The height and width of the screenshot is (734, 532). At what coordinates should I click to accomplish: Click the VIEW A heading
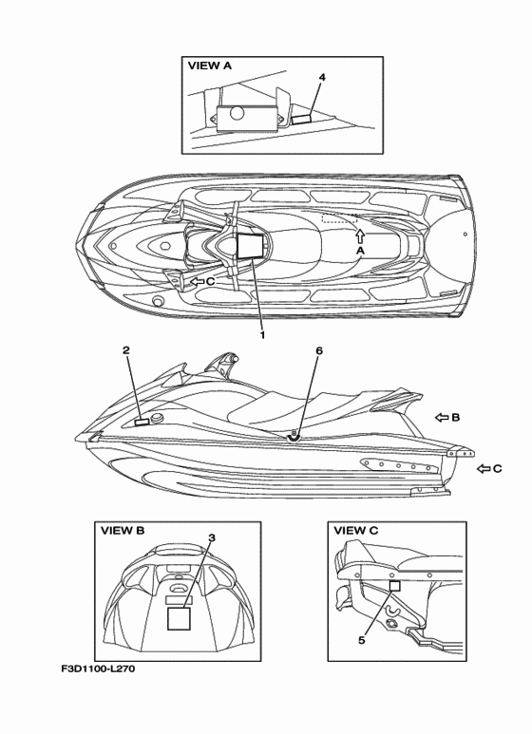coord(210,66)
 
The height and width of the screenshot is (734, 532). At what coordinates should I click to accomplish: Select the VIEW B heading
coord(123,531)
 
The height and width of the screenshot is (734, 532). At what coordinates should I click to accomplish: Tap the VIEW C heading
coord(356,531)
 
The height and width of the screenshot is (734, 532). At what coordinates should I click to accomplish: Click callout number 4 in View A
coord(322,77)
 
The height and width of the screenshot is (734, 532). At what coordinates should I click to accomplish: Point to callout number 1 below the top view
coord(262,335)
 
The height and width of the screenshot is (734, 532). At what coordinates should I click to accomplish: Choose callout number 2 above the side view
coord(126,350)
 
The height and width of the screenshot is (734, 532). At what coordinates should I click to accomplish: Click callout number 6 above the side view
coord(319,350)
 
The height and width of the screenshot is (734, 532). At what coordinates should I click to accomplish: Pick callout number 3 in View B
coord(212,537)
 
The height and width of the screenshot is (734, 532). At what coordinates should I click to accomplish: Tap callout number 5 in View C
coord(362,640)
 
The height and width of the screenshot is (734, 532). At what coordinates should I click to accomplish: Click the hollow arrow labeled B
coord(442,417)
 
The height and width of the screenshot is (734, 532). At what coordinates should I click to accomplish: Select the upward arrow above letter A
coord(360,235)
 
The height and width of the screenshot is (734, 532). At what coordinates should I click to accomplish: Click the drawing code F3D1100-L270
coord(98,668)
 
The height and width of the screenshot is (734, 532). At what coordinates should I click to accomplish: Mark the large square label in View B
coord(179,618)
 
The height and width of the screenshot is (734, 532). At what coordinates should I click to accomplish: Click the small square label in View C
coord(395,586)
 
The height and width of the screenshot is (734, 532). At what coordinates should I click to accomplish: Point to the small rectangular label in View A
coord(301,120)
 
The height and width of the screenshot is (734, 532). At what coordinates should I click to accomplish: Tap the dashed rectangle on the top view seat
coord(339,218)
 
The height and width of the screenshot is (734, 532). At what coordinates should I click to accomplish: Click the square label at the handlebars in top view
coord(250,246)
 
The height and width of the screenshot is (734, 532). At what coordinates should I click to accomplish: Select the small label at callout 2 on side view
coord(142,423)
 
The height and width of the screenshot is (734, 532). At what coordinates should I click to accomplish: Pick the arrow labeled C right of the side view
coord(484,468)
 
